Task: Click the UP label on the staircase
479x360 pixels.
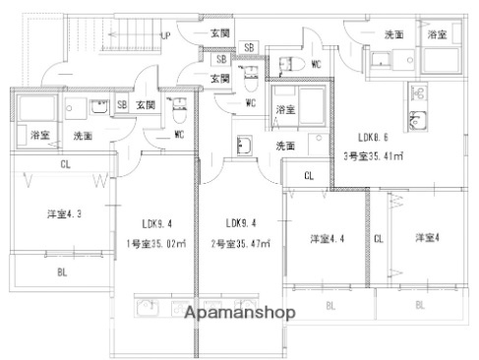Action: coord(164,35)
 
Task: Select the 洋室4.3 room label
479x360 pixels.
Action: coord(63,214)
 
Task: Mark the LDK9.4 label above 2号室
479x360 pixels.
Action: coord(239,222)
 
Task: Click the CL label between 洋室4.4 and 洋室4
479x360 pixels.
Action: coord(378,238)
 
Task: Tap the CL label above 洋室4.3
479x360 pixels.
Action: coord(64,164)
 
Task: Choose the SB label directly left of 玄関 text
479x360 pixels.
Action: coord(122,104)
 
